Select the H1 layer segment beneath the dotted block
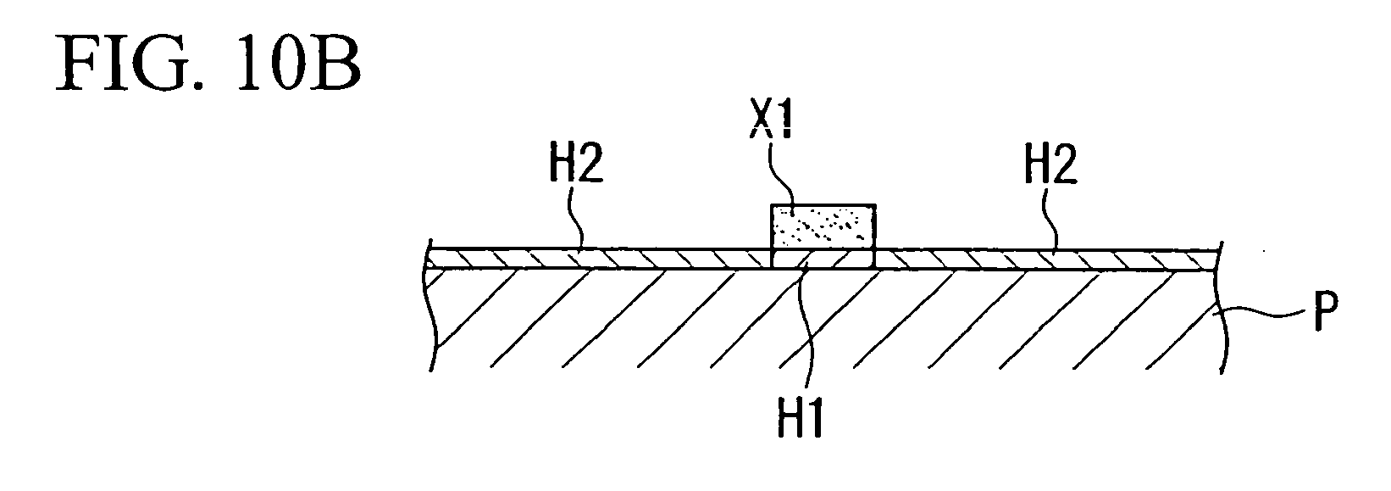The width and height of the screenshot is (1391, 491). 823,259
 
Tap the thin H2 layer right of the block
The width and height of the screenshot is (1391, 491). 1047,259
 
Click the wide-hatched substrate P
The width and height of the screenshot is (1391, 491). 823,320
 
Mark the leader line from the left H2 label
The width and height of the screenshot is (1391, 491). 576,218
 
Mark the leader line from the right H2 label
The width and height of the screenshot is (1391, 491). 1050,218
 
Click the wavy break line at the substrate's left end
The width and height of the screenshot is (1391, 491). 431,308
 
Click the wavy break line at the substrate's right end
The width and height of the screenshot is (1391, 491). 1218,308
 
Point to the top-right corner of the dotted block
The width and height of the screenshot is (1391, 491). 876,204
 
